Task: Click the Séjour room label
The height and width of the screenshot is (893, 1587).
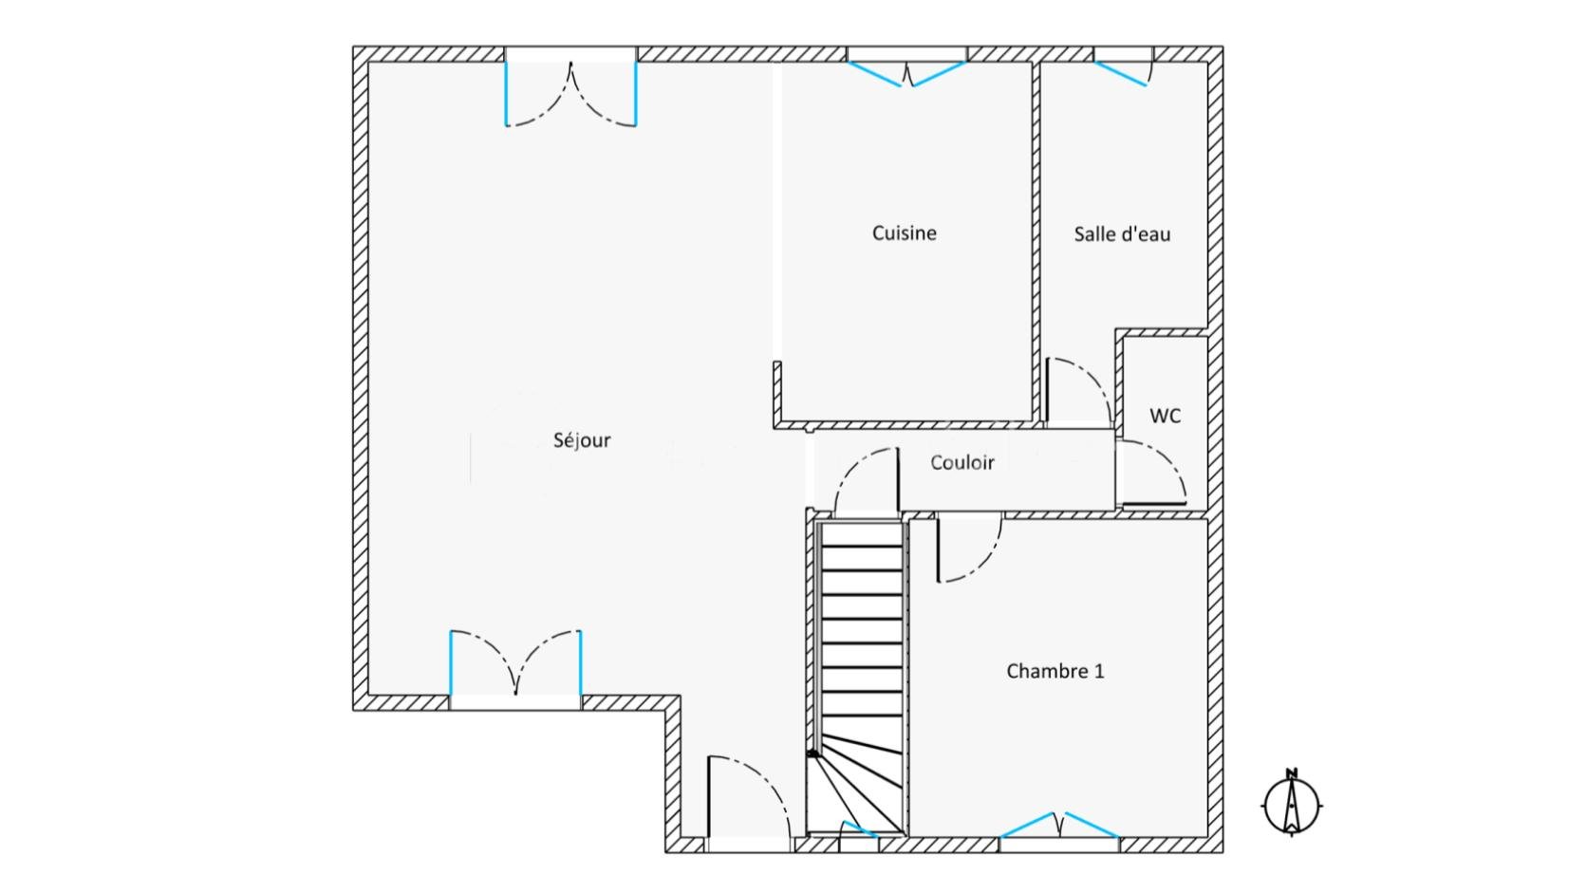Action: point(582,440)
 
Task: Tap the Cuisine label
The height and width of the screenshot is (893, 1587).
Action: point(904,233)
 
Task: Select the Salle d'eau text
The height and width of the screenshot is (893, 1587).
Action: point(1122,233)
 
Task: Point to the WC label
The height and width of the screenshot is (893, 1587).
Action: point(1166,416)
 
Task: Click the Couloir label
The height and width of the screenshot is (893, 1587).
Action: point(962,462)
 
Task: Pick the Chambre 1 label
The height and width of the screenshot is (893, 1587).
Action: point(1055,671)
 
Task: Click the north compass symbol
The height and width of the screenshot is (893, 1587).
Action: point(1292,805)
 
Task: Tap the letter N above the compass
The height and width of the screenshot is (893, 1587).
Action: point(1292,772)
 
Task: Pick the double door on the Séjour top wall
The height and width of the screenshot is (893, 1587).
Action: point(570,94)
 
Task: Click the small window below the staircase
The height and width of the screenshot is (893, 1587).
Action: point(859,830)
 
